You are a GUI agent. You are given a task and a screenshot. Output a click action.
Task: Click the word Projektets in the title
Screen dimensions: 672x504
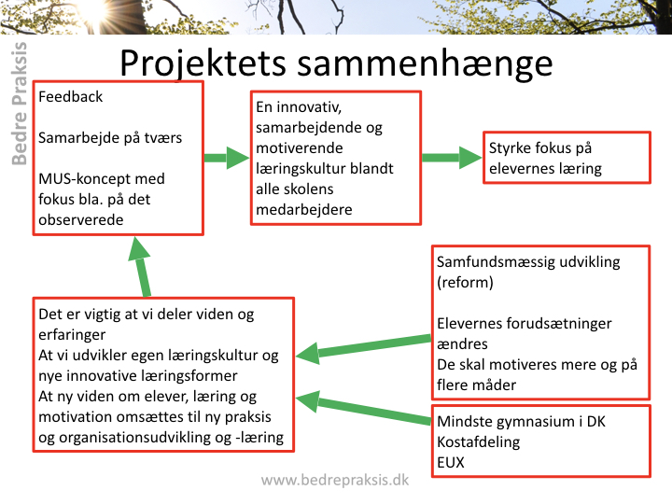[203, 64]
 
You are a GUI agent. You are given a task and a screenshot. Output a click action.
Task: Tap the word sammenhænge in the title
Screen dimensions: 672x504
[425, 63]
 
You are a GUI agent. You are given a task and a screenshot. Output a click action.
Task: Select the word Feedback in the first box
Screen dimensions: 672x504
[70, 97]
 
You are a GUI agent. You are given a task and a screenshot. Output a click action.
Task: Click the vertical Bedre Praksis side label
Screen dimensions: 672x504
[19, 104]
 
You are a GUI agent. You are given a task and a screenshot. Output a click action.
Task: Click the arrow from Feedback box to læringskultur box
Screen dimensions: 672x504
[226, 158]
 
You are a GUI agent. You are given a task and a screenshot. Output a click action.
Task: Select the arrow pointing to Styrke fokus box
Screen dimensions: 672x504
[452, 158]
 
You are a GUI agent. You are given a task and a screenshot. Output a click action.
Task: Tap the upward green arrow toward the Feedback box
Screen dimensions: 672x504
[142, 268]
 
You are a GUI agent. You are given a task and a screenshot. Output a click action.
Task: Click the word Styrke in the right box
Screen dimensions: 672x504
[510, 148]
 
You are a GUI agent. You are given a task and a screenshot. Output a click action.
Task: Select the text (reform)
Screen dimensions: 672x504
[465, 283]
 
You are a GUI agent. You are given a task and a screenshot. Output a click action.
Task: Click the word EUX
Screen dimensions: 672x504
[451, 462]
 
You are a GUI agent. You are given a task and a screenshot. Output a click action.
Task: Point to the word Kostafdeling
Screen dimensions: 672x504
[478, 441]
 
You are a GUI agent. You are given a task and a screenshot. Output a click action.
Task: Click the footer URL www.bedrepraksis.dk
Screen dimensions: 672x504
[335, 480]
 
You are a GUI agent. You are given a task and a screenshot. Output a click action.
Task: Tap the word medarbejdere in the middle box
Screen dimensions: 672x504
[304, 210]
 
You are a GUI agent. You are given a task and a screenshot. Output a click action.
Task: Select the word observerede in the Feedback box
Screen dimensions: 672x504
[81, 220]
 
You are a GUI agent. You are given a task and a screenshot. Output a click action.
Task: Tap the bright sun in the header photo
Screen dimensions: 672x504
[95, 9]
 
